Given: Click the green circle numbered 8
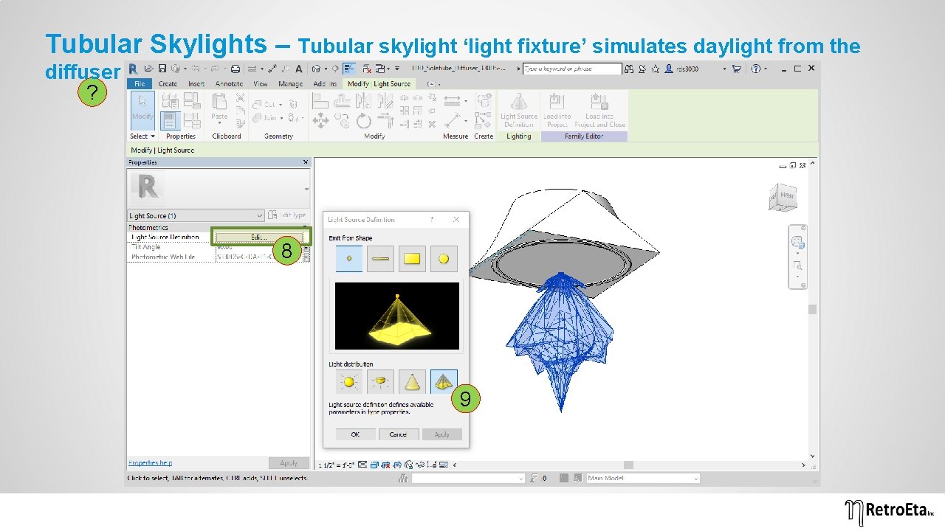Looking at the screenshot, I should click(x=286, y=251).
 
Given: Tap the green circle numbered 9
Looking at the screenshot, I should click(x=466, y=399).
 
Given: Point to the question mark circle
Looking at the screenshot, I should click(x=92, y=94).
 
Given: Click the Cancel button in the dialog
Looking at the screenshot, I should click(x=398, y=434).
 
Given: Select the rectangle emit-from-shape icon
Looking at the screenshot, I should click(x=412, y=259).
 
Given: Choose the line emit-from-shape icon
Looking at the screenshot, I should click(x=380, y=259).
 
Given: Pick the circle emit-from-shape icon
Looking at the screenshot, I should click(x=444, y=259).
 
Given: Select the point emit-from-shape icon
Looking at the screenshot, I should click(x=349, y=259).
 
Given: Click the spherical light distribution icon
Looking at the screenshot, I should click(x=348, y=382).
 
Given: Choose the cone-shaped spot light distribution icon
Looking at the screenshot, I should click(x=412, y=382).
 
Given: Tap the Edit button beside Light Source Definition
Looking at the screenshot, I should click(x=258, y=237).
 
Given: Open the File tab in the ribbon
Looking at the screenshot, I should click(x=140, y=84).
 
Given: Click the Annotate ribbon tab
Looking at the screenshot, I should click(x=229, y=84).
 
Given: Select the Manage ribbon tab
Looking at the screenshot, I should click(x=290, y=84).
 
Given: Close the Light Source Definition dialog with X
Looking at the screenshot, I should click(x=456, y=219).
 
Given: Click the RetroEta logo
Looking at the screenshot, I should click(x=890, y=510).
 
